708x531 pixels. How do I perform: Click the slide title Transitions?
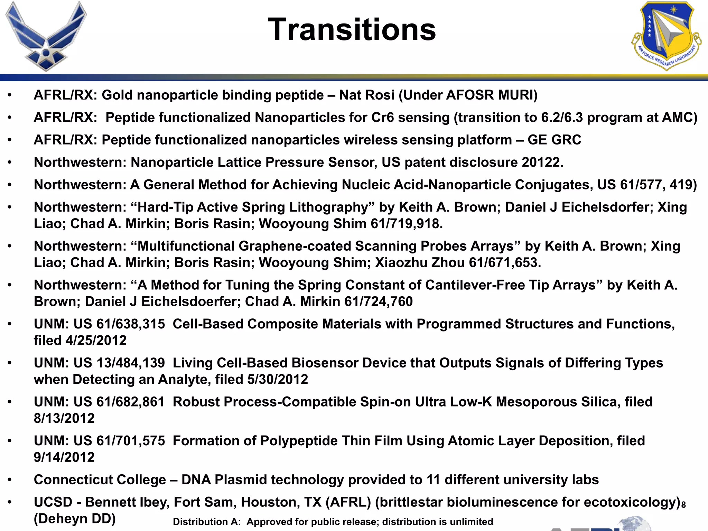pyautogui.click(x=352, y=30)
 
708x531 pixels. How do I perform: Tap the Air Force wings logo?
pyautogui.click(x=46, y=36)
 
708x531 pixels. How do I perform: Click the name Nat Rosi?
pyautogui.click(x=367, y=95)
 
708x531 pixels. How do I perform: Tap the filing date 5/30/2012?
pyautogui.click(x=277, y=380)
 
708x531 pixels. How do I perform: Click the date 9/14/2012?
pyautogui.click(x=64, y=457)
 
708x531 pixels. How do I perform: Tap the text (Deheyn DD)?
pyautogui.click(x=74, y=519)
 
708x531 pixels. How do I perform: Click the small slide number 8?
pyautogui.click(x=683, y=505)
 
